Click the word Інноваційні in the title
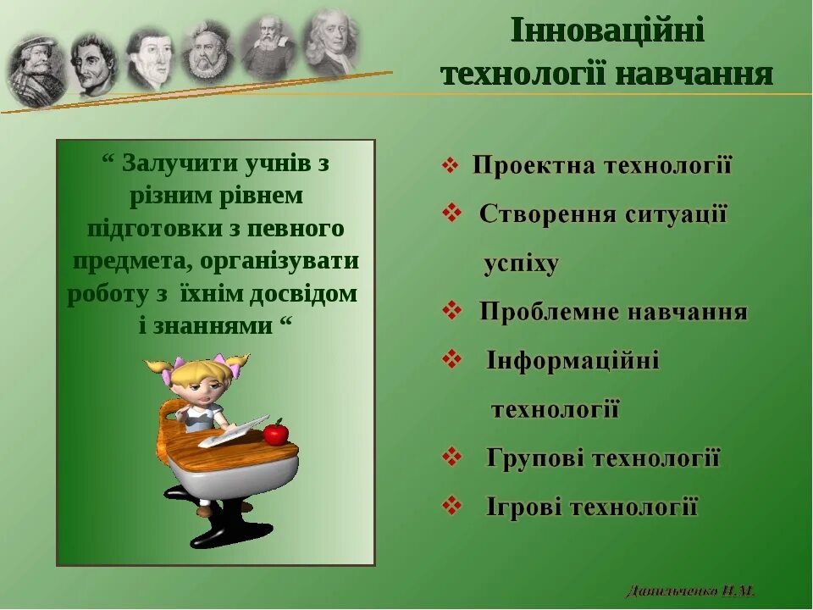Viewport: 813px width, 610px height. pyautogui.click(x=607, y=31)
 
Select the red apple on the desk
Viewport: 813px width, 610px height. pyautogui.click(x=275, y=434)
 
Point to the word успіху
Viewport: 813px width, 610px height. pyautogui.click(x=521, y=264)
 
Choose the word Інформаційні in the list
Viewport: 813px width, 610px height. pyautogui.click(x=572, y=361)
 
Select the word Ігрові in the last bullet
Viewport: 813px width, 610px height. pyautogui.click(x=523, y=507)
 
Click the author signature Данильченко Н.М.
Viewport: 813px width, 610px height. pyautogui.click(x=691, y=591)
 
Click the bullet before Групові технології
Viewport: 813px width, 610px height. pyautogui.click(x=452, y=458)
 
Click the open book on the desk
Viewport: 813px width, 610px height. pyautogui.click(x=234, y=435)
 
